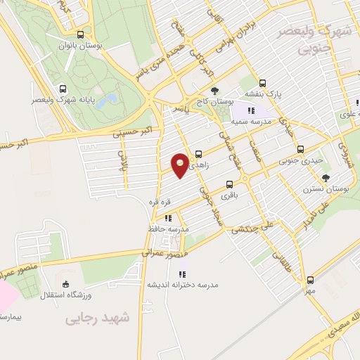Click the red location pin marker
tap(180, 164)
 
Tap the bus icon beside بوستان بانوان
tap(81, 34)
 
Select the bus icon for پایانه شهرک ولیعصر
tap(63, 89)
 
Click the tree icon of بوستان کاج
tap(215, 91)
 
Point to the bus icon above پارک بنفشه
tap(262, 82)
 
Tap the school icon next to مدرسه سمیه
tap(251, 110)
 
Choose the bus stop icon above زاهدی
tap(198, 154)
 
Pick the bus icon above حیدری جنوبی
tap(300, 149)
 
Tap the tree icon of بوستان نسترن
tap(325, 178)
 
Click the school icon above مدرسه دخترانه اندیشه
tap(182, 274)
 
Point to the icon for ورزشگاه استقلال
tap(65, 284)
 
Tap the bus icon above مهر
tap(310, 279)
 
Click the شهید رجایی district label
tap(98, 318)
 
